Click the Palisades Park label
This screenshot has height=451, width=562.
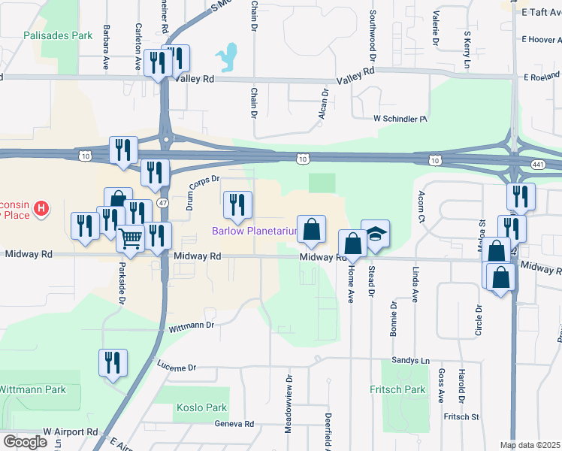click(58, 35)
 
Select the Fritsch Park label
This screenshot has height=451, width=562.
click(397, 389)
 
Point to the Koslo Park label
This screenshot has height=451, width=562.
click(201, 407)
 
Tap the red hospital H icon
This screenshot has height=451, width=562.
click(43, 207)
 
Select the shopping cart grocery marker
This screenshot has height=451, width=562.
click(131, 240)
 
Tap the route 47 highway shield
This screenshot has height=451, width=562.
click(164, 193)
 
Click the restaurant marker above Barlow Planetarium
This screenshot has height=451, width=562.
click(237, 205)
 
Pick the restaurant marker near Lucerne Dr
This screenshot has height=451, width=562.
click(113, 363)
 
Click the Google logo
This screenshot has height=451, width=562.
click(25, 442)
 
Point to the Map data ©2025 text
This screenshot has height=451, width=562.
click(530, 445)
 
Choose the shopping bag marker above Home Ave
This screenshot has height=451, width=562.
click(352, 244)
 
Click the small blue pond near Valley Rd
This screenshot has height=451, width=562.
click(225, 56)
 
